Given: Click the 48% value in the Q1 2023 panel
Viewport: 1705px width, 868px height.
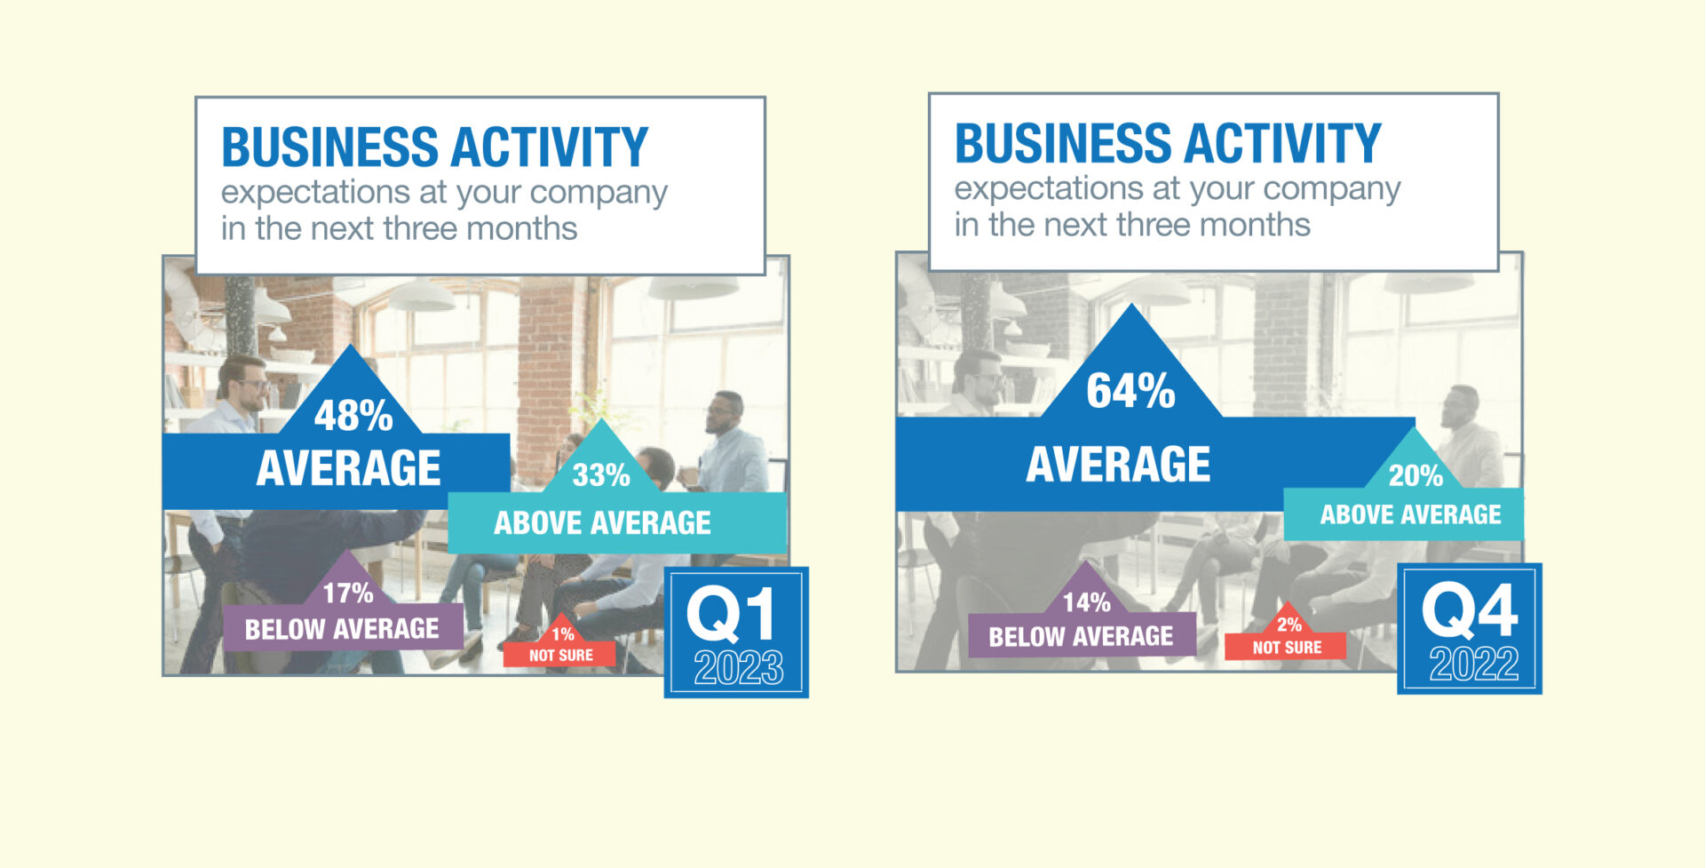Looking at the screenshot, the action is pos(353,415).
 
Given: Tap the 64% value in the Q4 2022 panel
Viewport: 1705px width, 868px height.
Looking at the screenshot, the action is pos(1130,391).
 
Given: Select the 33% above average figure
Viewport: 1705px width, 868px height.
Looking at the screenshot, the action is pos(601,475).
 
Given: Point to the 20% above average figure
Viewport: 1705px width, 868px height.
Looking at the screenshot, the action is pos(1416,475).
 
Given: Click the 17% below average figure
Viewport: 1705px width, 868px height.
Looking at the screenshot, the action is pos(347,593).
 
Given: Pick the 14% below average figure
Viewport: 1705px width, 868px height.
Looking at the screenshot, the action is pos(1087,602).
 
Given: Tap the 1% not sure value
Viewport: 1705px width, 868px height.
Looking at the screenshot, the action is pos(563,634).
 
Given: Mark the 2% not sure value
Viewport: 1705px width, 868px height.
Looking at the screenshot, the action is pos(1289,625).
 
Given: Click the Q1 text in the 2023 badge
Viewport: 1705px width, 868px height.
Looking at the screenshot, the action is pos(731,614).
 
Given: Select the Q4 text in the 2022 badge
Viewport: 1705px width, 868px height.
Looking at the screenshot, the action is pos(1470,609).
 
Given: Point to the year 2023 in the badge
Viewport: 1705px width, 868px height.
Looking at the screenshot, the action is pos(739,668).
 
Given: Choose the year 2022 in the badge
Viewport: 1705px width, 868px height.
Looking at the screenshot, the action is pos(1474,664).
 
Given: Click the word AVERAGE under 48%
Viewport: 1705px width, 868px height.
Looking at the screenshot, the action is pos(348,468).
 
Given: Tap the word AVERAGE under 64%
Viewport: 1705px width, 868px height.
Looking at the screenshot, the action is pos(1118,465).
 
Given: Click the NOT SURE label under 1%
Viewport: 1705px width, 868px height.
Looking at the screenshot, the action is pos(561,656).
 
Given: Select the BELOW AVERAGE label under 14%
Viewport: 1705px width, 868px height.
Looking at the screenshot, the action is pos(1081,636).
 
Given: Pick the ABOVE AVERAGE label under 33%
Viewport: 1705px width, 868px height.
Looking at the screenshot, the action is pos(602,522).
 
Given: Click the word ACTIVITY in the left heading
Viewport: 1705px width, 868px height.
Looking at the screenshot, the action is pos(551,147).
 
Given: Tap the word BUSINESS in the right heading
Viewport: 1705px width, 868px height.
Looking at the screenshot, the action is pos(1064,143).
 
